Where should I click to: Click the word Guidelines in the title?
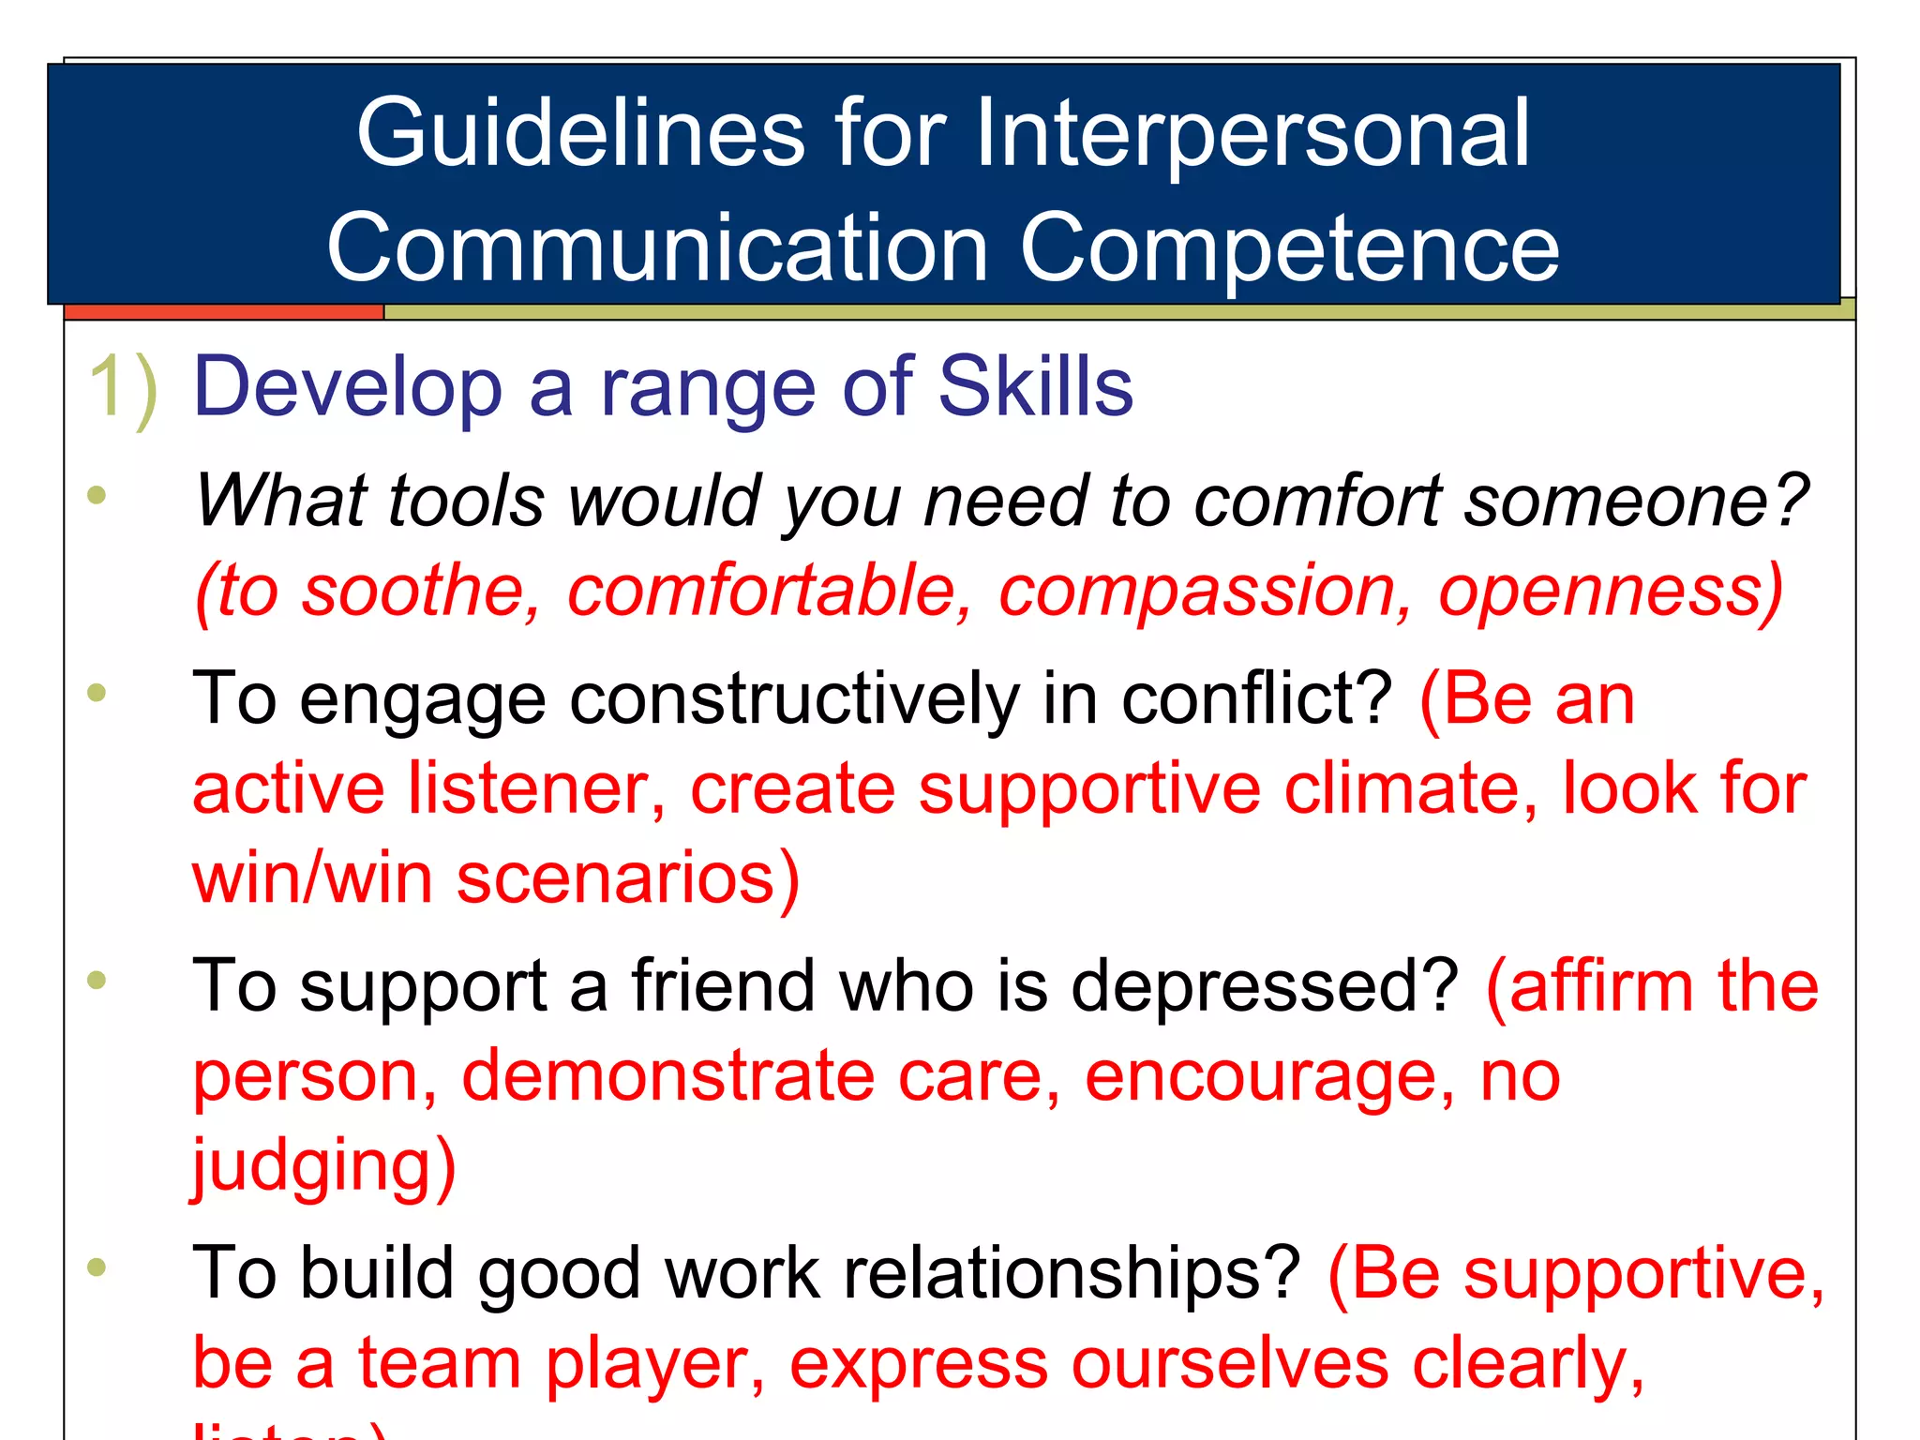pyautogui.click(x=580, y=134)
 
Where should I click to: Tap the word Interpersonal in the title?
pyautogui.click(x=1252, y=134)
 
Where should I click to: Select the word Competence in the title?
pyautogui.click(x=1289, y=248)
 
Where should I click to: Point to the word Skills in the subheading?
pyautogui.click(x=1035, y=387)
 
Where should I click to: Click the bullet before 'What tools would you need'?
pyautogui.click(x=97, y=495)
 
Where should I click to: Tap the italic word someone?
pyautogui.click(x=1636, y=501)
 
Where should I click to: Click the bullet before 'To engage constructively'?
pyautogui.click(x=97, y=694)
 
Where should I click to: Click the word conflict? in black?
pyautogui.click(x=1257, y=698)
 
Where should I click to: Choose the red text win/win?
pyautogui.click(x=312, y=878)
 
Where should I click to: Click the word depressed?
pyautogui.click(x=1265, y=986)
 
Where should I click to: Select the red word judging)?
pyautogui.click(x=324, y=1166)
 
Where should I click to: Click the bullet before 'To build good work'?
pyautogui.click(x=97, y=1267)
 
